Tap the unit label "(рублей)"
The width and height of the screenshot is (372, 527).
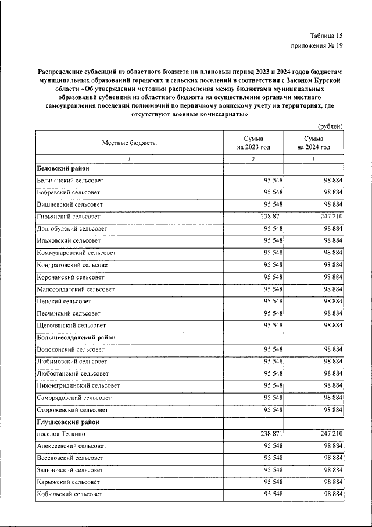point(330,126)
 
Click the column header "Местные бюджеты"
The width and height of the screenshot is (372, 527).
point(130,143)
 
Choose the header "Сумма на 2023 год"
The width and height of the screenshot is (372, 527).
point(253,143)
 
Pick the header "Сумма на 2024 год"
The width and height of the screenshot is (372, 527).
point(313,143)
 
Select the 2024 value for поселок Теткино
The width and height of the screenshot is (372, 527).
point(328,434)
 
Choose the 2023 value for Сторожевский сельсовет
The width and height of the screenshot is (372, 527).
point(273,410)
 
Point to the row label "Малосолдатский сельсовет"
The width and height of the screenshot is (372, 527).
point(76,289)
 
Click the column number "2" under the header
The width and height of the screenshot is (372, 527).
point(253,159)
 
